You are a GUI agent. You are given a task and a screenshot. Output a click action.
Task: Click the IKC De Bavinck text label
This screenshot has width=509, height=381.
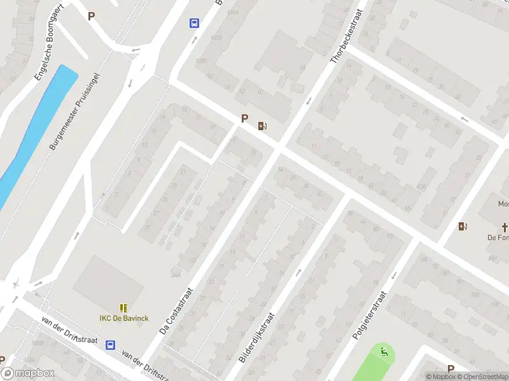pyautogui.click(x=124, y=317)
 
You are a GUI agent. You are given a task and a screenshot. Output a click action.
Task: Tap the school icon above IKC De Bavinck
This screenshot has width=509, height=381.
pyautogui.click(x=123, y=308)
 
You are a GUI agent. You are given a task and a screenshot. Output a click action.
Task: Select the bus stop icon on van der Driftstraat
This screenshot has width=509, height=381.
pyautogui.click(x=111, y=345)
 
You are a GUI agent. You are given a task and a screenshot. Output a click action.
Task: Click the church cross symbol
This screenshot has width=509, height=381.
pyautogui.click(x=505, y=227)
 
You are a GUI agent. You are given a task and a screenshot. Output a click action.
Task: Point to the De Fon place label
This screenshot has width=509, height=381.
pyautogui.click(x=498, y=237)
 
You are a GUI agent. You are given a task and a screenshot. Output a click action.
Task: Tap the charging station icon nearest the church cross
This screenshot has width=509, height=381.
pyautogui.click(x=463, y=226)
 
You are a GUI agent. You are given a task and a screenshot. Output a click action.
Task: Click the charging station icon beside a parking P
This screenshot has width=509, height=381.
pyautogui.click(x=261, y=126)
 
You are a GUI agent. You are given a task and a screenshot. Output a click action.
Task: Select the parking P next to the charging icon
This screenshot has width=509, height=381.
pyautogui.click(x=244, y=119)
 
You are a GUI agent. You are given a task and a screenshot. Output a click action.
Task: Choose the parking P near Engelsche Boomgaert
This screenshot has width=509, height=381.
pyautogui.click(x=91, y=17)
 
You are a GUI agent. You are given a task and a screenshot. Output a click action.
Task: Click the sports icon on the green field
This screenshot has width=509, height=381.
pyautogui.click(x=384, y=352)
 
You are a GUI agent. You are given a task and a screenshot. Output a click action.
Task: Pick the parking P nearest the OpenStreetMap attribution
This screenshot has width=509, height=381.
pyautogui.click(x=450, y=369)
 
